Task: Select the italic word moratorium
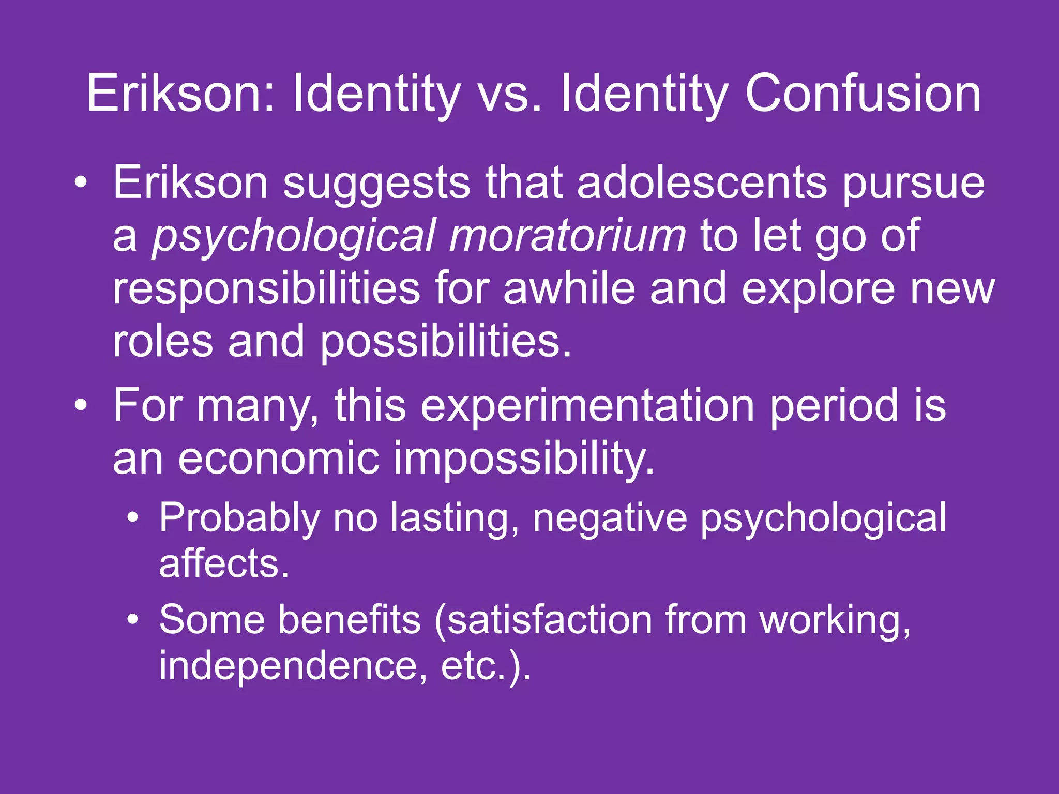coord(567,236)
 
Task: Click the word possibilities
coord(446,341)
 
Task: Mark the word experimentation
coord(587,406)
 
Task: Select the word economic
coord(279,458)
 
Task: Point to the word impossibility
coord(524,458)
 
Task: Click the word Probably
coord(239,517)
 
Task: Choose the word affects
coord(224,563)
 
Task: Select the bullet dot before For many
coord(80,406)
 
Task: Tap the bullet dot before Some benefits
coord(133,619)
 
